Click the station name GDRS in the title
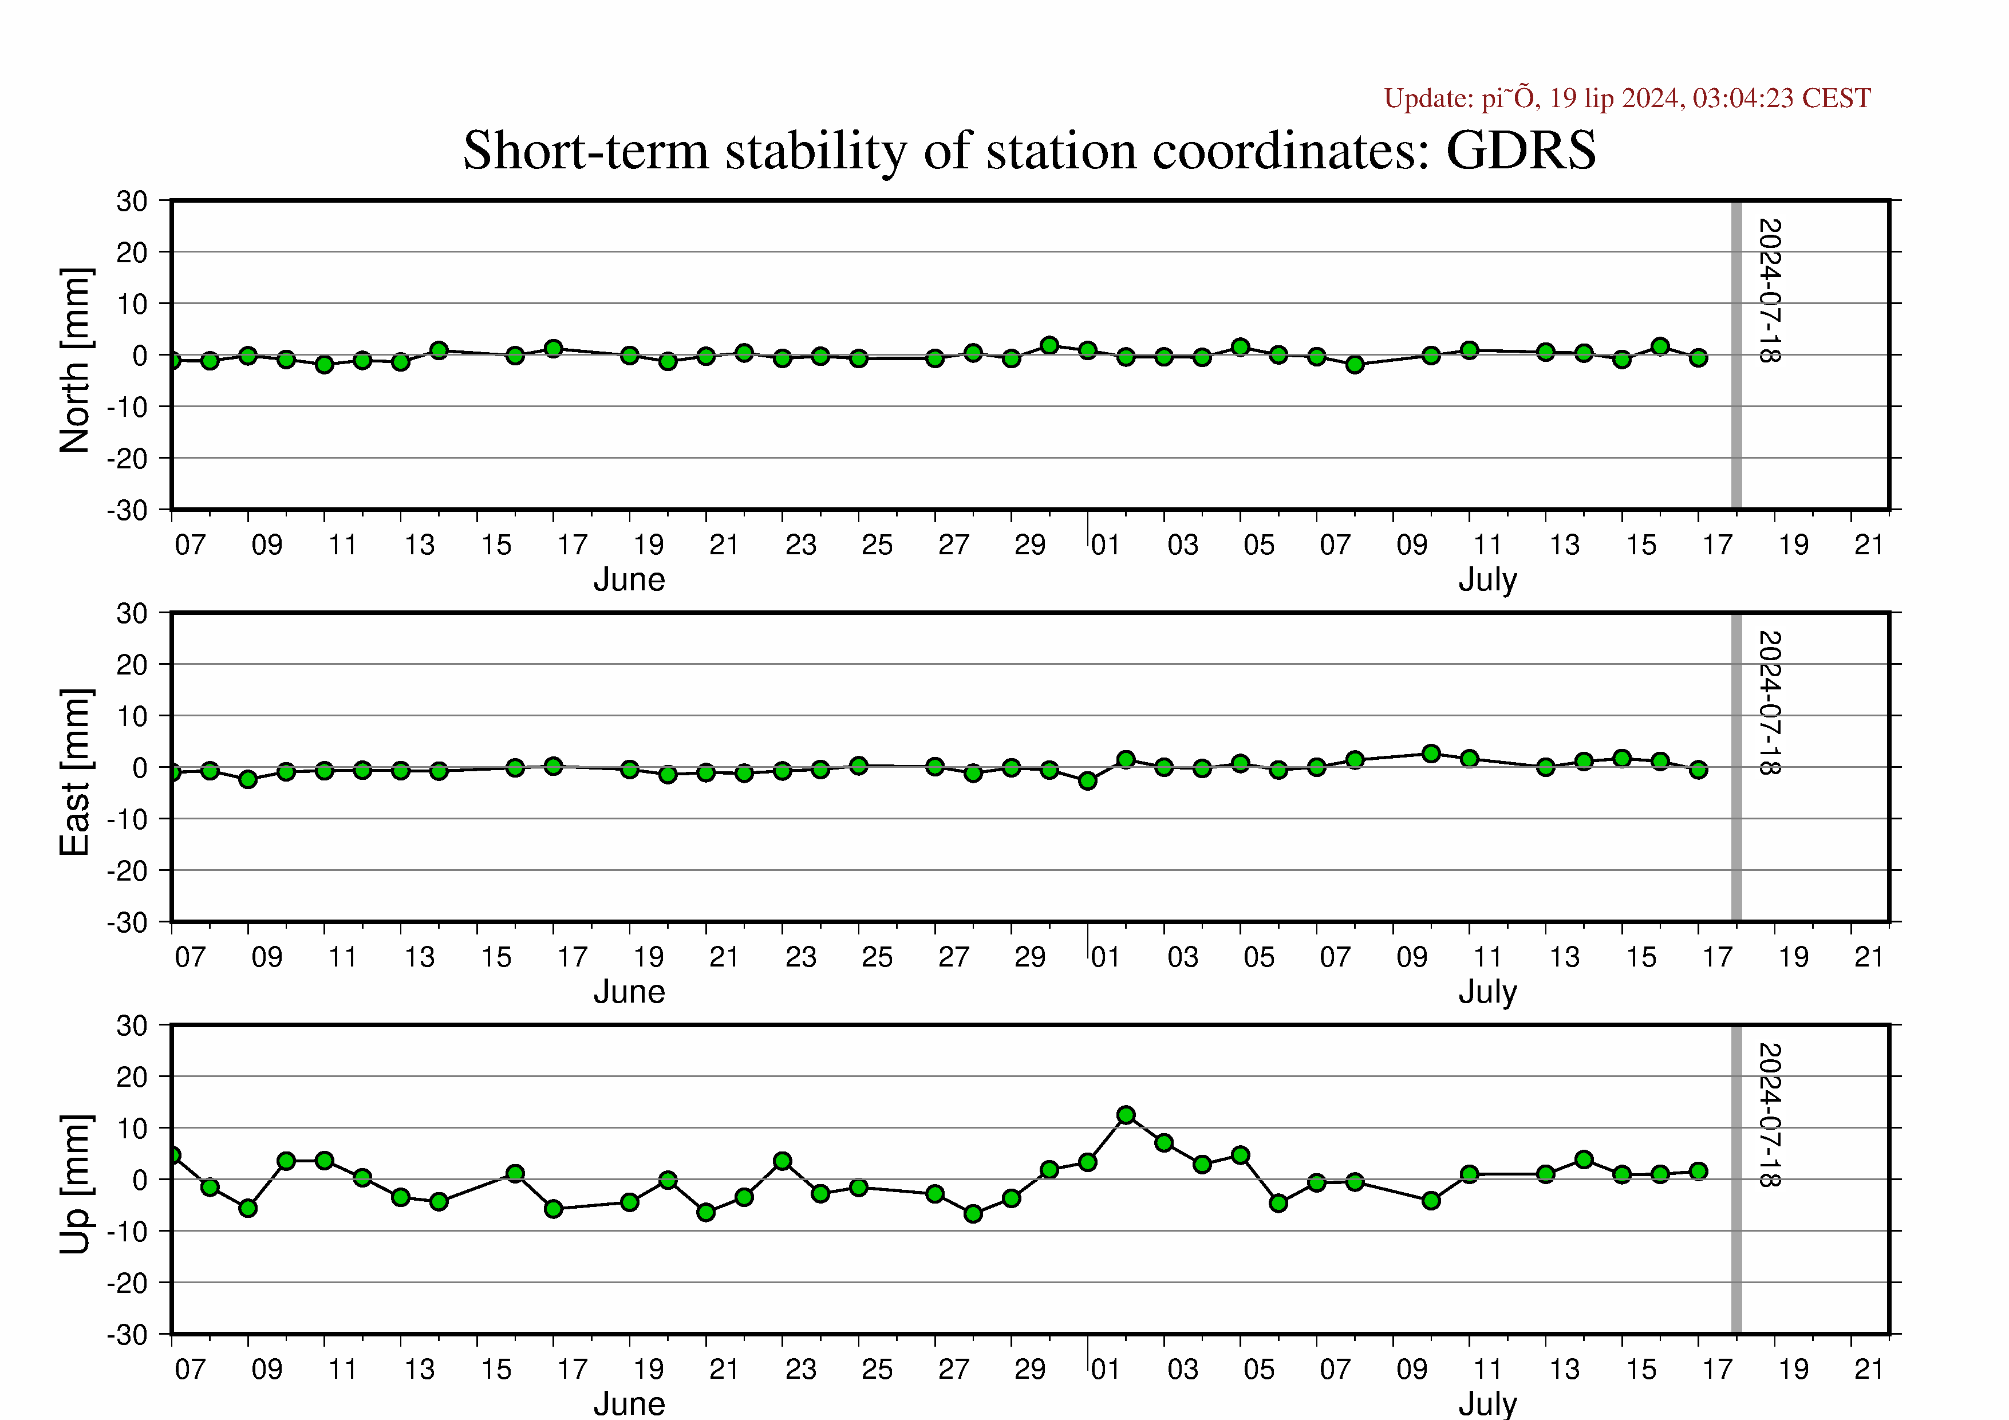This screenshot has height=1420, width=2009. [x=1521, y=151]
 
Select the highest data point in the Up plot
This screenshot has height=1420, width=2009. [x=1126, y=1115]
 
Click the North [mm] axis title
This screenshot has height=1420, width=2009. [x=75, y=361]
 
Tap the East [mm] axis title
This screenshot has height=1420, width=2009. [x=75, y=772]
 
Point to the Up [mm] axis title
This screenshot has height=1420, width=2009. [x=75, y=1184]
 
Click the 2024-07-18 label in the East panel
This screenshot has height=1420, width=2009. [x=1769, y=703]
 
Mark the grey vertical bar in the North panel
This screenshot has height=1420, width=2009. [x=1737, y=354]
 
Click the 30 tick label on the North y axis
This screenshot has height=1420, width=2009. [x=132, y=201]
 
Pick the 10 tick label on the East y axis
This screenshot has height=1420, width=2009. [x=132, y=716]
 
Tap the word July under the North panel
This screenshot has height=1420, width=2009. [x=1487, y=580]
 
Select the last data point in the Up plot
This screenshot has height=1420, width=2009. [x=1698, y=1171]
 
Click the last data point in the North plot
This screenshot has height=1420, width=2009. [x=1698, y=358]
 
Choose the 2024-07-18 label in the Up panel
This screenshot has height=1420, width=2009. [x=1769, y=1115]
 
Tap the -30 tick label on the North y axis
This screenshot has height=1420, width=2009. [x=128, y=511]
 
